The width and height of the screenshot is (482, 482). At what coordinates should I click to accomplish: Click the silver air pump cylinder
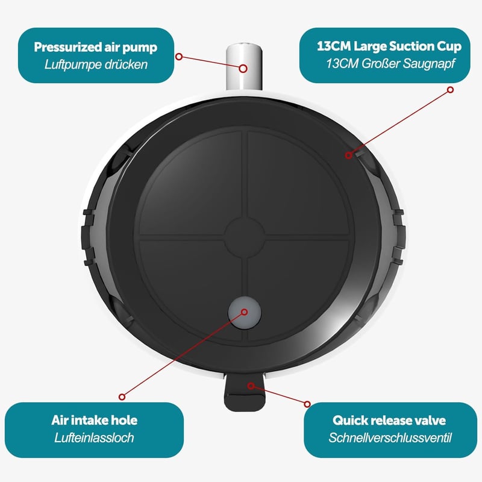click(244, 67)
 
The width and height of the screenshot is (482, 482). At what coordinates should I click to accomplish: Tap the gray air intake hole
click(244, 313)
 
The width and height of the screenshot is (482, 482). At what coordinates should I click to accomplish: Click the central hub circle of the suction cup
click(245, 237)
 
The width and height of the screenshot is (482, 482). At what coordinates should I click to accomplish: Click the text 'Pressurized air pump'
click(96, 48)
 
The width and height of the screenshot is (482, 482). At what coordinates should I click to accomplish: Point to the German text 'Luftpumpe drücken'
click(96, 64)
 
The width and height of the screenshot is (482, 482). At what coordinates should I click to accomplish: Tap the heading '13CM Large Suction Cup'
click(389, 46)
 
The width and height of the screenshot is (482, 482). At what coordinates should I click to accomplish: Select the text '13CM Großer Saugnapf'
click(390, 64)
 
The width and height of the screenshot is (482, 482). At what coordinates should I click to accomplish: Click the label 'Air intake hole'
click(94, 420)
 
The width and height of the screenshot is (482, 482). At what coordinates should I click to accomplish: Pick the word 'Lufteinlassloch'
click(94, 438)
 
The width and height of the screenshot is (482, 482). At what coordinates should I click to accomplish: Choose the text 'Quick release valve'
click(389, 420)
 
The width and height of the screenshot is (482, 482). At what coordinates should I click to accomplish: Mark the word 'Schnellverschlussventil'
click(390, 438)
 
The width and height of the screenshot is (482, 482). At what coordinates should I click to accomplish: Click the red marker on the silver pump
click(243, 69)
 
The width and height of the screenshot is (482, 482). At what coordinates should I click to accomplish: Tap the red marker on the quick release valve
click(251, 386)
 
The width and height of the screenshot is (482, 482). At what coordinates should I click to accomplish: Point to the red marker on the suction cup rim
click(348, 155)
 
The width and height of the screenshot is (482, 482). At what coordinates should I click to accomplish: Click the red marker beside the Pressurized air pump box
click(179, 57)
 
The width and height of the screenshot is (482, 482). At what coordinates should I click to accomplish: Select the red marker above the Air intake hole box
click(122, 397)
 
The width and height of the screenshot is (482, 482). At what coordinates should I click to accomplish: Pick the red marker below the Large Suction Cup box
click(450, 90)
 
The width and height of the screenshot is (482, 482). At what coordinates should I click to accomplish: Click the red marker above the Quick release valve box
click(307, 404)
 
